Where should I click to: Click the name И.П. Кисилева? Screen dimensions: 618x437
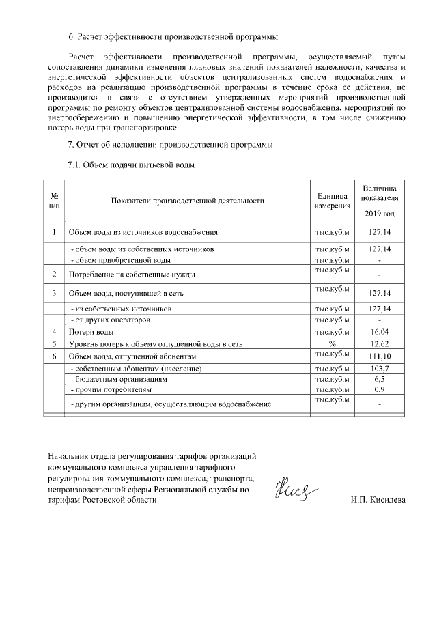point(378,500)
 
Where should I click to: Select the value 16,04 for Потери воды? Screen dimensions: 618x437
point(378,332)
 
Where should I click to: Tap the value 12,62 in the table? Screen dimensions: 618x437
point(378,344)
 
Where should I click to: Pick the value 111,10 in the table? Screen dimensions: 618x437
point(378,357)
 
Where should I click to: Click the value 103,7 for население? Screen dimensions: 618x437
point(378,369)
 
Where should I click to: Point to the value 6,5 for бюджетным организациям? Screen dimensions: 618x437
point(378,379)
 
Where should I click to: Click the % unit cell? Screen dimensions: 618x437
point(333,344)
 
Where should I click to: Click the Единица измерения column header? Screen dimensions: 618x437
point(333,201)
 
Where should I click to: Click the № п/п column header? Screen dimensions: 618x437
point(54,201)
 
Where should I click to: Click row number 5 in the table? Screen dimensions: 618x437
point(54,344)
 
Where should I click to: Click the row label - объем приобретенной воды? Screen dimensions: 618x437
point(121,260)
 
